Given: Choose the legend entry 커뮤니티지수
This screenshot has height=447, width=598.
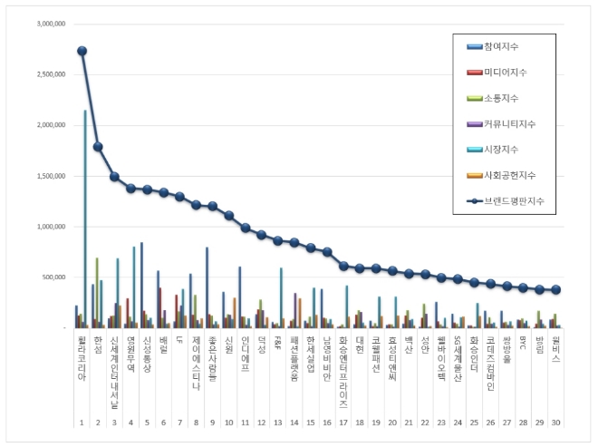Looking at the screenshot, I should click(513, 122).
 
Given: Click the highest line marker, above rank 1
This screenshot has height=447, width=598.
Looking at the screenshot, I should click(82, 51).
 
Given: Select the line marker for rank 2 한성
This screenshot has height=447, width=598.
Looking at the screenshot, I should click(98, 146).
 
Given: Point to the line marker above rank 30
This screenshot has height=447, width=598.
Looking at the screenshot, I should click(555, 289).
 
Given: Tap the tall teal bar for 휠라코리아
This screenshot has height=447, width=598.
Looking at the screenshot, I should click(85, 219).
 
